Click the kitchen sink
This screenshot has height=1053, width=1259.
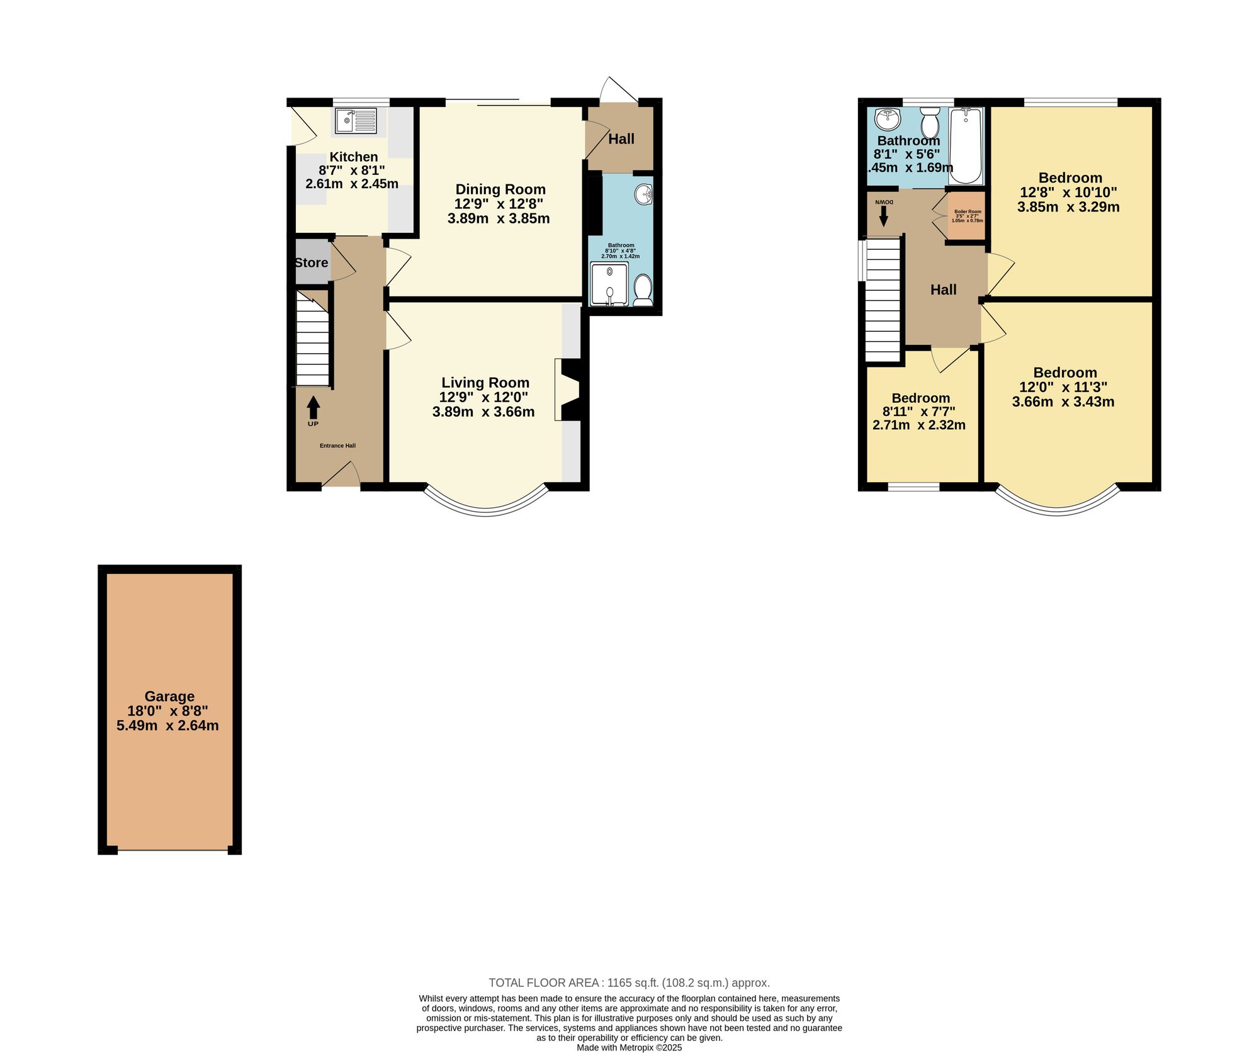point(356,121)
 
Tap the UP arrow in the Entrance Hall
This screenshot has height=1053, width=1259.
point(313,407)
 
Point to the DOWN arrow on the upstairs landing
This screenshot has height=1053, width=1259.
point(884,216)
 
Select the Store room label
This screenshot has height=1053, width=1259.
point(312,262)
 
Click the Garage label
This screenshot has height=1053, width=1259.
point(169,696)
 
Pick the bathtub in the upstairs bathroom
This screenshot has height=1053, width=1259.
point(966,145)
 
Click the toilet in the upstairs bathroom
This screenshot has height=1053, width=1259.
point(930,122)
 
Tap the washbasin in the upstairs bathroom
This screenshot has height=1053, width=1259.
point(888,118)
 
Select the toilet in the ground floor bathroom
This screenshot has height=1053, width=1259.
point(643,290)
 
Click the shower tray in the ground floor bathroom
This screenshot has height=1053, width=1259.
point(609,284)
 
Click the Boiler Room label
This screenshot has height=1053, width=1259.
point(968,211)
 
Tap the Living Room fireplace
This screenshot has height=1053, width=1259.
point(571,390)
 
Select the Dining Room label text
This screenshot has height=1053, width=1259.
point(500,189)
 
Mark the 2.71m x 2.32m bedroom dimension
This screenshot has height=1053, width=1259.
point(919,425)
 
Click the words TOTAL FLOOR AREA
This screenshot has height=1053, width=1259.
point(545,983)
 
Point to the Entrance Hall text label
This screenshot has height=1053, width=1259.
point(337,446)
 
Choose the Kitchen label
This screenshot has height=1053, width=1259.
point(354,157)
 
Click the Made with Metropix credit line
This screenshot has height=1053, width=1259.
point(629,1048)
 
